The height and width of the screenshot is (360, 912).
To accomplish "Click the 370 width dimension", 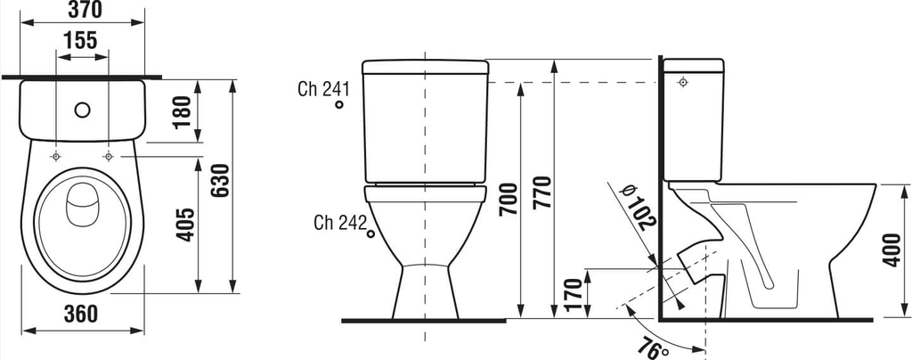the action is point(85,9).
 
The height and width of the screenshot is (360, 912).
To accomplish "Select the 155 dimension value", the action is point(80,41).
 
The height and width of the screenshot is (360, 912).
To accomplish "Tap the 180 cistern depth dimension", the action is point(182,111).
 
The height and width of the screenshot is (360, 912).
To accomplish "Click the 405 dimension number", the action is point(185,224).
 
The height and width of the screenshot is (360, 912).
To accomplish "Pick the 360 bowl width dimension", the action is point(80,314).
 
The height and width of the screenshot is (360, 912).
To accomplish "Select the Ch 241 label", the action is point(323,89).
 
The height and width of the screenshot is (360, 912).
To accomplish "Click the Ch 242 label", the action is point(340,222).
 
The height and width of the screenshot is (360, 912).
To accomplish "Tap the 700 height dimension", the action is point(509,199).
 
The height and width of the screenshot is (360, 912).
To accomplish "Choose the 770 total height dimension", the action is point(541,192).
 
